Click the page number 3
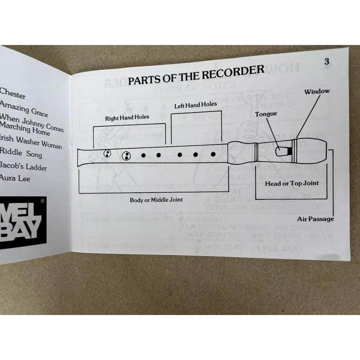pyautogui.click(x=327, y=62)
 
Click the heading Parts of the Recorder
pyautogui.click(x=196, y=76)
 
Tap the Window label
pyautogui.click(x=317, y=91)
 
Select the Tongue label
pyautogui.click(x=266, y=114)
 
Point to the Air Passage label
pyautogui.click(x=315, y=219)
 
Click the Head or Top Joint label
pyautogui.click(x=292, y=183)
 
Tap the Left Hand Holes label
pyautogui.click(x=195, y=105)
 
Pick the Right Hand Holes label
pyautogui.click(x=127, y=118)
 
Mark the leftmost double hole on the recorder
pyautogui.click(x=108, y=154)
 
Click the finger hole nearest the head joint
pyautogui.click(x=213, y=154)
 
